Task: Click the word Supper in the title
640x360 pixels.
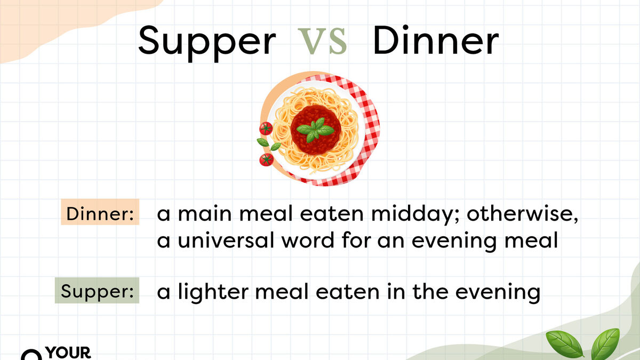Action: point(207,42)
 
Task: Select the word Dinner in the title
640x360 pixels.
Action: point(436,42)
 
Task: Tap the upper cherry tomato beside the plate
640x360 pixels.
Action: point(266,128)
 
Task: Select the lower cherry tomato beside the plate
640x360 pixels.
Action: point(266,159)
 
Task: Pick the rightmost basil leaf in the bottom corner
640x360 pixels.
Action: point(606,344)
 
